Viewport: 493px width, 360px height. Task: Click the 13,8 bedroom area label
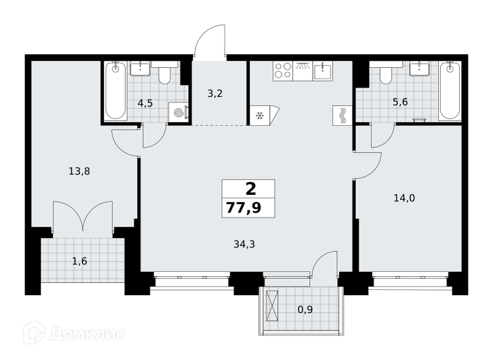(x=79, y=171)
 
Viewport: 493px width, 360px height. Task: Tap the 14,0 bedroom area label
(x=404, y=198)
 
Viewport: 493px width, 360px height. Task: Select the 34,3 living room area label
(x=244, y=244)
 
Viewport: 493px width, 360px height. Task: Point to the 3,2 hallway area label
(x=215, y=93)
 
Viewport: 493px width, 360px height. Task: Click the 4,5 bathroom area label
(x=145, y=103)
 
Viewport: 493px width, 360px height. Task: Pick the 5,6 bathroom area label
(x=400, y=102)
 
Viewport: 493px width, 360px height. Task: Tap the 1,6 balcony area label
(x=79, y=261)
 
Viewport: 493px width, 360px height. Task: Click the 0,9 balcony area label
(x=305, y=309)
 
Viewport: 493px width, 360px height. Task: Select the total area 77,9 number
(x=243, y=208)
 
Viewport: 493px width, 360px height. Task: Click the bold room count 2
(x=251, y=189)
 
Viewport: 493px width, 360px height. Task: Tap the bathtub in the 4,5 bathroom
(x=116, y=91)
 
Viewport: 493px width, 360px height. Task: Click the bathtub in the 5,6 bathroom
(x=450, y=91)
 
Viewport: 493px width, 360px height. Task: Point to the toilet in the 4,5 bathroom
(x=165, y=73)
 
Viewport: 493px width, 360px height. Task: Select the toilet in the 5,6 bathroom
(x=386, y=73)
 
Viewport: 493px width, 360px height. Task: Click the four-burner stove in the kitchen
(x=283, y=71)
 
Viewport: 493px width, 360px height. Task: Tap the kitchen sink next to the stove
(x=323, y=71)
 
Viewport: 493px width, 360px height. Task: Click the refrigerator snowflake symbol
(x=259, y=116)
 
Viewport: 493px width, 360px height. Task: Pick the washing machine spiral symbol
(x=178, y=112)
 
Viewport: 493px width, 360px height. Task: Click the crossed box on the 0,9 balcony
(x=272, y=306)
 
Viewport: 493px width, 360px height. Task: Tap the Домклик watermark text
(x=88, y=333)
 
